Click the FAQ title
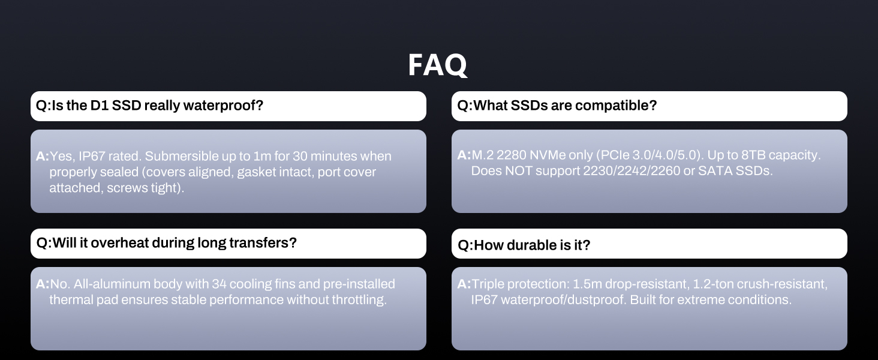click(437, 65)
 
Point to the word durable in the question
click(531, 245)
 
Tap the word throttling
click(359, 299)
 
